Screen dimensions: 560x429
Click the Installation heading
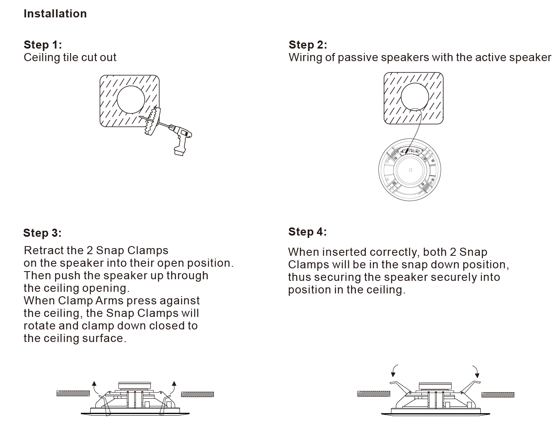[55, 13]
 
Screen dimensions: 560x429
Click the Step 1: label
[42, 45]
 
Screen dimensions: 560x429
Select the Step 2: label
[308, 45]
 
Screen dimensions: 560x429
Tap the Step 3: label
[42, 233]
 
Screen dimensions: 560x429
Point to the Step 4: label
[307, 232]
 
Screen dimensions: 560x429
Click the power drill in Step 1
[179, 138]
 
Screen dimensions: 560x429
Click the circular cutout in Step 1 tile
[131, 100]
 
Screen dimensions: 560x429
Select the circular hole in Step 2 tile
[415, 97]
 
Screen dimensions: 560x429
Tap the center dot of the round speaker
[410, 170]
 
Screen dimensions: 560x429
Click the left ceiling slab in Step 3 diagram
[73, 393]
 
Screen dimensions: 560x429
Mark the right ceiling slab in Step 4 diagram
[498, 395]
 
